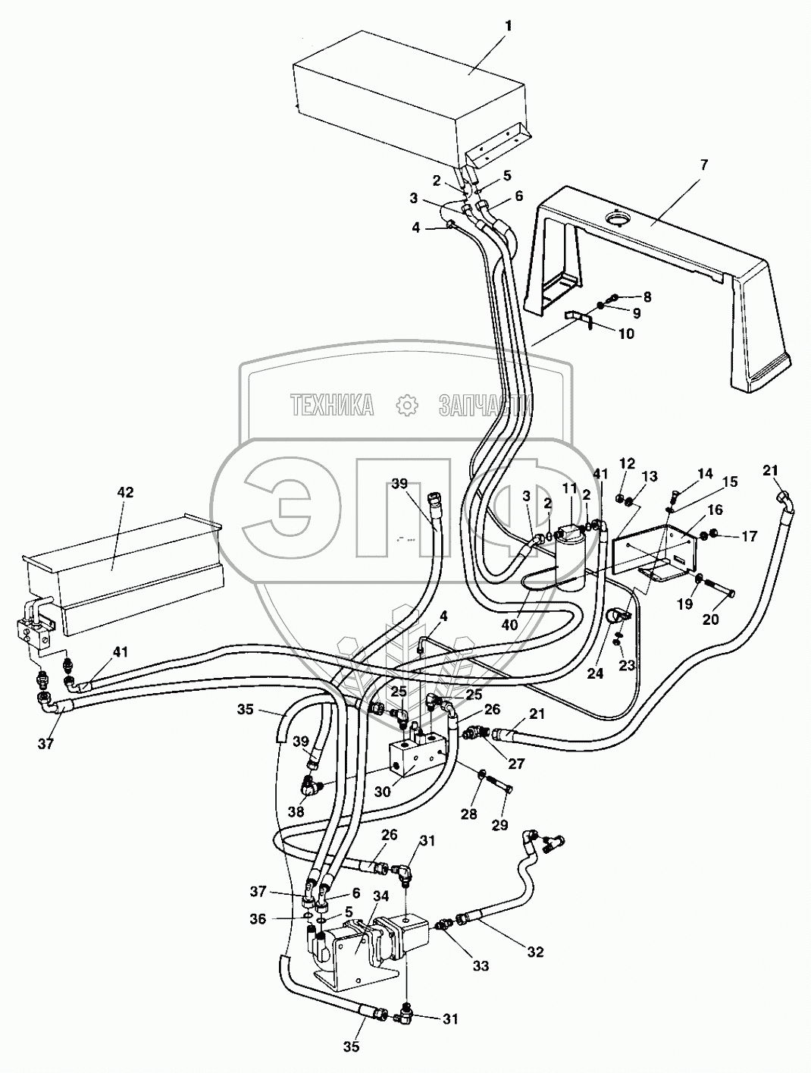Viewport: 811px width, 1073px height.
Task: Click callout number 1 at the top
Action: coord(509,26)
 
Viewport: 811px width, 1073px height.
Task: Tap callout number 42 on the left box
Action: coord(125,492)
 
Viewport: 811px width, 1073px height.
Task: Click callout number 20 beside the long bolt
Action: coord(710,618)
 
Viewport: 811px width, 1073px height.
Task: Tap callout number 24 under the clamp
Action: coord(596,651)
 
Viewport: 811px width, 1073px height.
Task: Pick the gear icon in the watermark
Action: coord(408,406)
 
